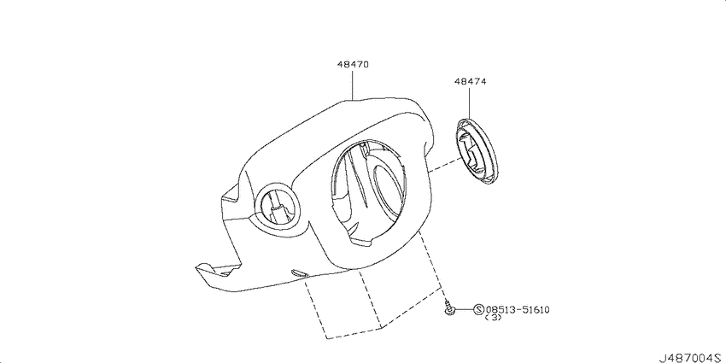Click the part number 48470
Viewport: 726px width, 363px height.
coord(353,65)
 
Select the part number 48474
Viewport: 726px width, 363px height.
coord(470,81)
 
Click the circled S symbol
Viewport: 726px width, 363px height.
coord(479,309)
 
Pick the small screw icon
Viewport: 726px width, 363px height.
coord(449,307)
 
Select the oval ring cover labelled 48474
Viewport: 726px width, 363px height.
coord(477,152)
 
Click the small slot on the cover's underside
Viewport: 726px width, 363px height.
coord(299,272)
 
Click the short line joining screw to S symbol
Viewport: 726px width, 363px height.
coord(465,309)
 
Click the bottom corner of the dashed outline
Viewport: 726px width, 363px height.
coord(326,338)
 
